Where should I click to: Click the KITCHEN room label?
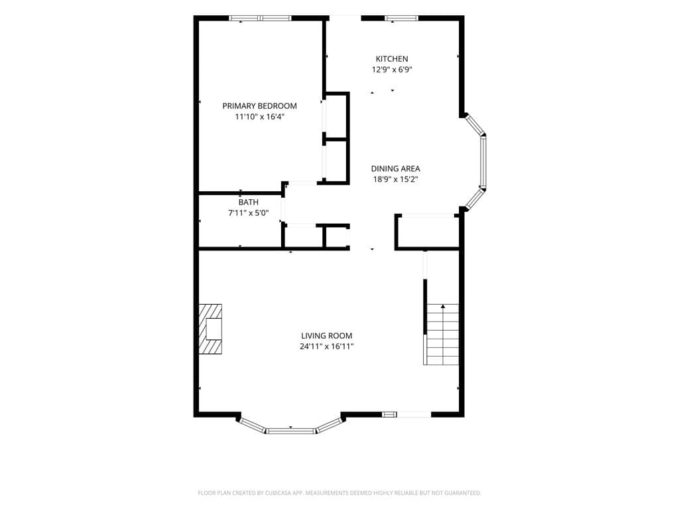pos(391,58)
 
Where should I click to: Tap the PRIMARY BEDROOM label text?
pos(259,106)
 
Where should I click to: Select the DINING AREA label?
pos(395,169)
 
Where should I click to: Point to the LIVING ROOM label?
pos(326,335)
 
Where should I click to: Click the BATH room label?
pos(248,202)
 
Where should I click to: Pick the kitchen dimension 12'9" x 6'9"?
pos(391,69)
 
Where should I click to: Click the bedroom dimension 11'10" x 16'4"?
pos(259,117)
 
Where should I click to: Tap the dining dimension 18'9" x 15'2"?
pos(395,179)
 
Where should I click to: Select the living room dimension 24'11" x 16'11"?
pos(326,347)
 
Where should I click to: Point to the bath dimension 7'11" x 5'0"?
pos(248,213)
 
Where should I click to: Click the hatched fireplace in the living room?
pos(210,329)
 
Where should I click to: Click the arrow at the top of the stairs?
pos(443,307)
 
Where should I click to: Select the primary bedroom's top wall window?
pos(260,18)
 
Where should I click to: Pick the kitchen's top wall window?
pos(402,18)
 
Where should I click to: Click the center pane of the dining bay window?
pos(483,161)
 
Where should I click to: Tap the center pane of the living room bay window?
pos(290,430)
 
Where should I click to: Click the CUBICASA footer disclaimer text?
pos(339,493)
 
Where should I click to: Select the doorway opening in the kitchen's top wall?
pos(345,18)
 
